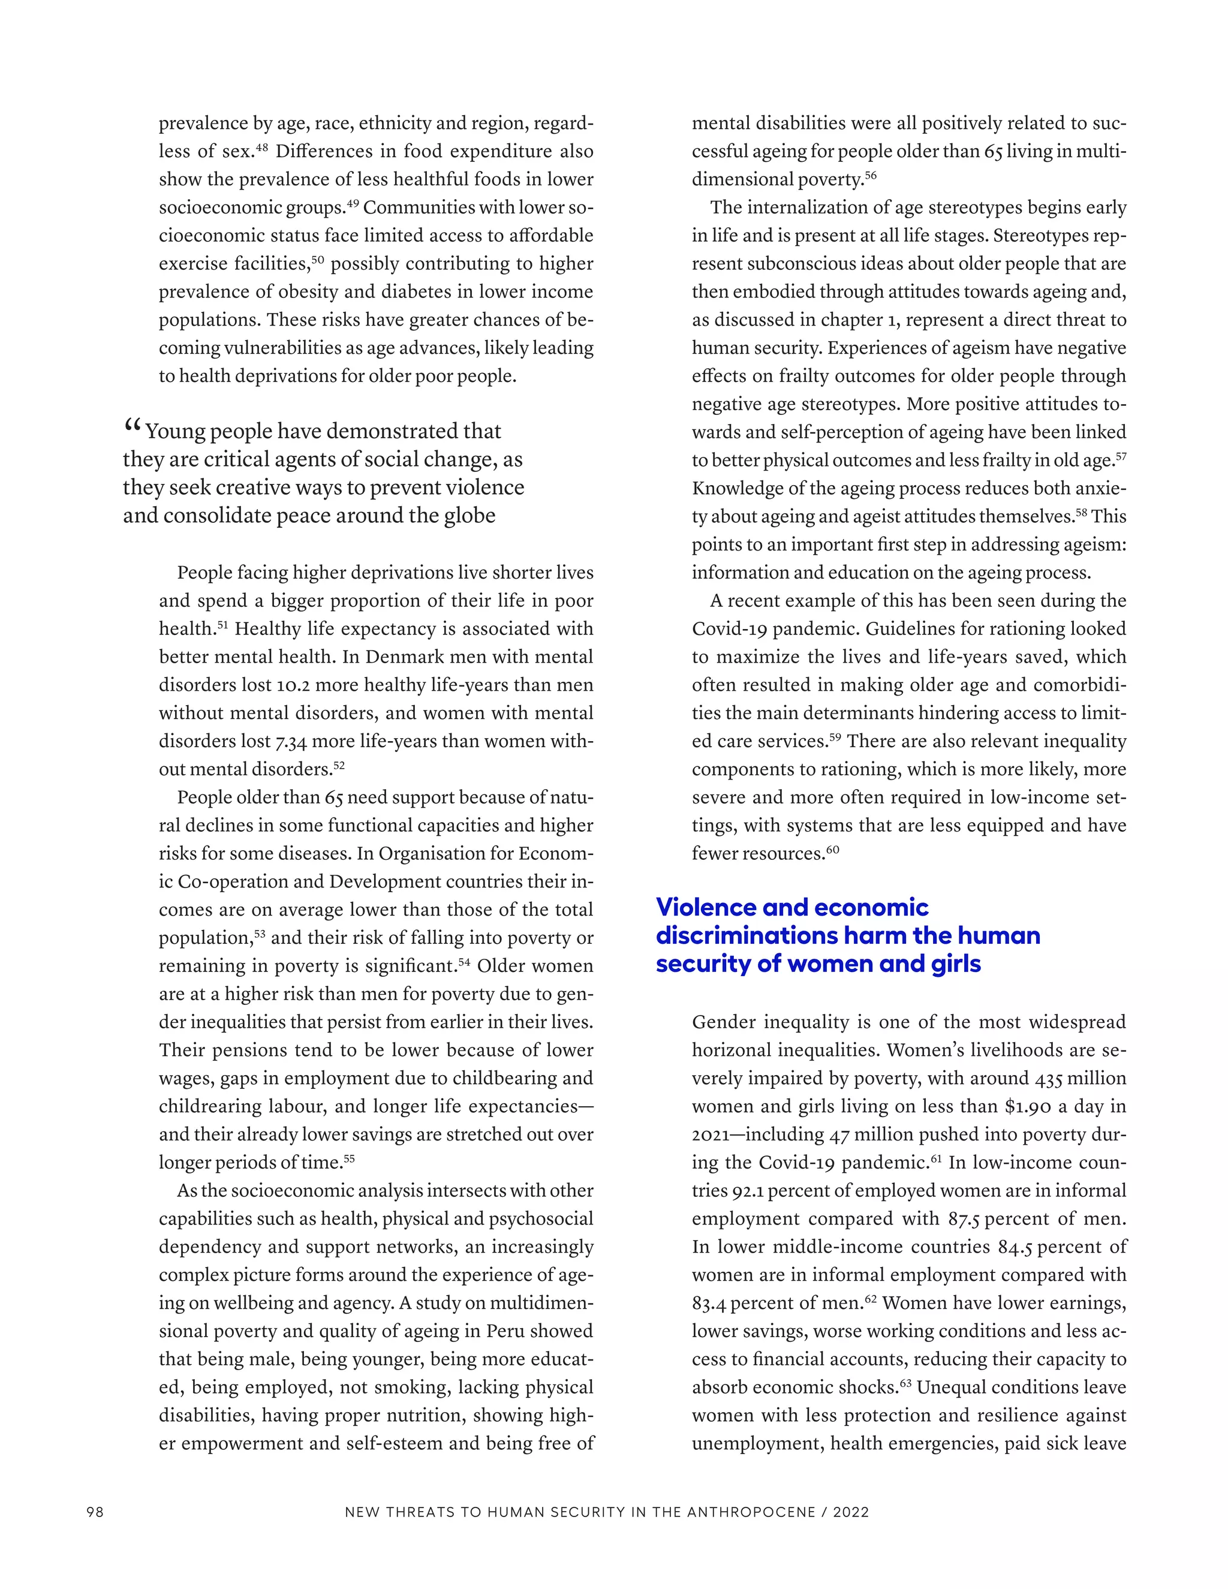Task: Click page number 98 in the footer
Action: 95,1512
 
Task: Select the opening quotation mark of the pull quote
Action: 132,426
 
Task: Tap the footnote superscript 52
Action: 339,765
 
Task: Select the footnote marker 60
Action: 832,849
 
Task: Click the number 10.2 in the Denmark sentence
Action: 293,685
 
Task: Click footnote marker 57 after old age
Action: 1120,456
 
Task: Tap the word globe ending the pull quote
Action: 469,516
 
